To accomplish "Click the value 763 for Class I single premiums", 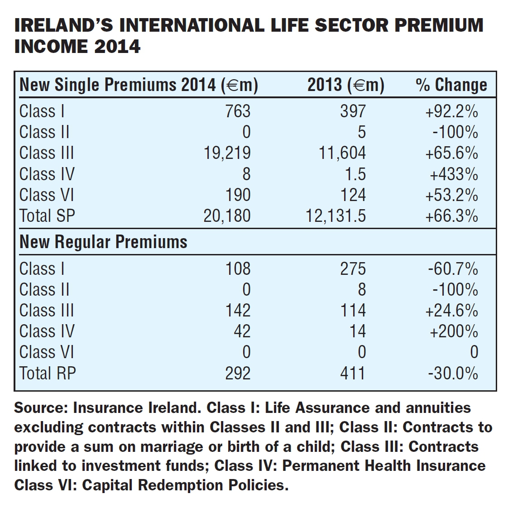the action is click(x=238, y=111).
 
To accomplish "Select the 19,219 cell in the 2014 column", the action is click(x=227, y=153).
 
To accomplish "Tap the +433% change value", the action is click(x=454, y=174).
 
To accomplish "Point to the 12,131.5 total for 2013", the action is click(x=335, y=216).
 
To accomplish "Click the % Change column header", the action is click(x=451, y=85).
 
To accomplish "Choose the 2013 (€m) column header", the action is click(x=346, y=85).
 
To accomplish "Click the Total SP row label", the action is click(x=47, y=216).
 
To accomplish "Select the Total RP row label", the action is click(x=48, y=373).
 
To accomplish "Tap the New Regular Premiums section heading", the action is click(x=103, y=242).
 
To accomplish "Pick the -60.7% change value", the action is click(x=453, y=268).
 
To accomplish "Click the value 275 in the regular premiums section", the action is click(x=353, y=268).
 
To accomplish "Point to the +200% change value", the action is click(x=454, y=331).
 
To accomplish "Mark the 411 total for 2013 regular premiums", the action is click(x=353, y=373).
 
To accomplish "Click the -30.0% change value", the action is click(x=453, y=373).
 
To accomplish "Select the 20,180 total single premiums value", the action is click(x=227, y=216).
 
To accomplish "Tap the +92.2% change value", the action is click(x=451, y=111).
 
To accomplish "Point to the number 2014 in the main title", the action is click(x=117, y=46).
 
